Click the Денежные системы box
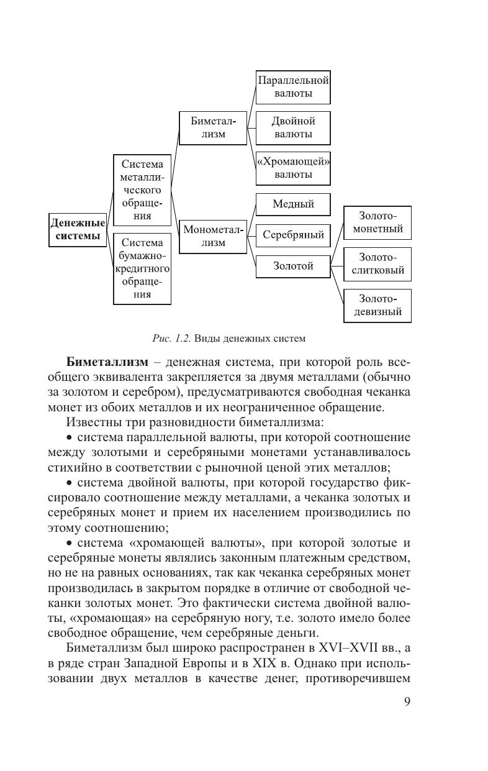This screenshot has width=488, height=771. [78, 229]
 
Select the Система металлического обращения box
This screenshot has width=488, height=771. [142, 190]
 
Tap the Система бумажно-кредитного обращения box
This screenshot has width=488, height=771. [142, 268]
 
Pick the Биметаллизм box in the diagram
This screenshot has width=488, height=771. [213, 127]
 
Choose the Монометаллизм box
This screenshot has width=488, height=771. [213, 236]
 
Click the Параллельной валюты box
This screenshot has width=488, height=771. [293, 87]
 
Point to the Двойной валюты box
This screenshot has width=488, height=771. [293, 127]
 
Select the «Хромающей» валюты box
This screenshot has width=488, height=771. [293, 168]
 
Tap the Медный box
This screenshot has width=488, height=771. [293, 204]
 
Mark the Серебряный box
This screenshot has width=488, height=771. [293, 235]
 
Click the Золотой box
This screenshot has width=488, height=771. [293, 267]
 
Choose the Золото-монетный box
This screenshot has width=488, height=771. [377, 222]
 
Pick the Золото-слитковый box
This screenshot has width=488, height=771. [377, 263]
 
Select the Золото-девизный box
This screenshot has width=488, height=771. [377, 305]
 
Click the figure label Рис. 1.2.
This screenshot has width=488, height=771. [171, 339]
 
